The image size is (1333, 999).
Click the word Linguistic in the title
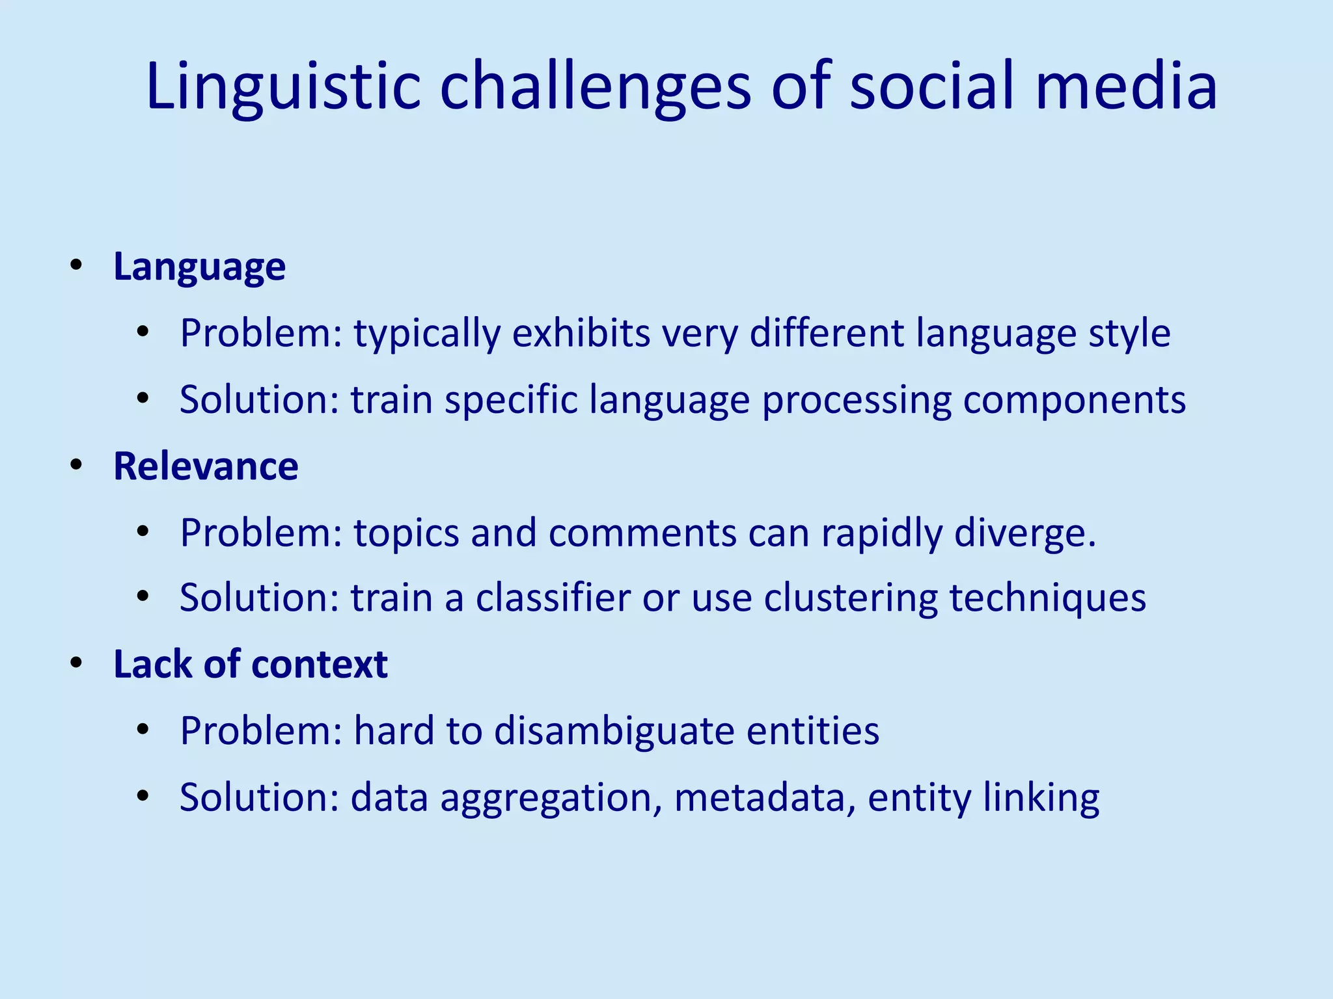click(x=284, y=87)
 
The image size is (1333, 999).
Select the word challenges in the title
click(x=596, y=87)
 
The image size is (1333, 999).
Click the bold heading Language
click(x=199, y=267)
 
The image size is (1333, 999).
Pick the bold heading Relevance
click(x=206, y=466)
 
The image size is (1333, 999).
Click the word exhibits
click(x=581, y=333)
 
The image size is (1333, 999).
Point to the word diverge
click(x=1025, y=533)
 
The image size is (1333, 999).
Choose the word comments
click(x=642, y=533)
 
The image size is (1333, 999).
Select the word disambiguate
click(x=614, y=731)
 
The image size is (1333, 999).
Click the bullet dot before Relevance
click(x=77, y=466)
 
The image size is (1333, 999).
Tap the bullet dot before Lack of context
click(x=77, y=663)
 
